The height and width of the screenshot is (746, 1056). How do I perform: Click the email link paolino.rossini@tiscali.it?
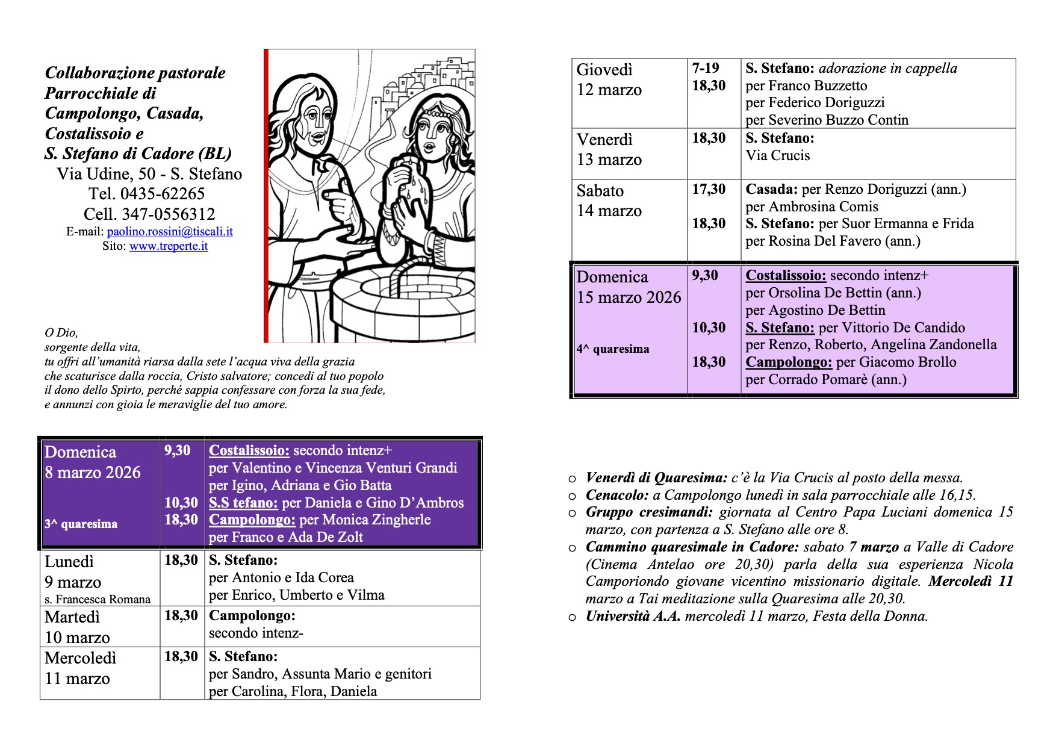[170, 232]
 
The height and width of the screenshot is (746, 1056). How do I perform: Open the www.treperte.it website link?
[169, 246]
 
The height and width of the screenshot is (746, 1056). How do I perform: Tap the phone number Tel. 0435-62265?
[146, 194]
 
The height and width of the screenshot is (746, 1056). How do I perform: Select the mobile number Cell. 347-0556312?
[149, 214]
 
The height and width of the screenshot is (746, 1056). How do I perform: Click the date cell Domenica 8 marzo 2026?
[93, 462]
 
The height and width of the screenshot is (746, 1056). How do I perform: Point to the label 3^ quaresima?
[81, 524]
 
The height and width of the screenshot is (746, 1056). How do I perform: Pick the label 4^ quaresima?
[613, 349]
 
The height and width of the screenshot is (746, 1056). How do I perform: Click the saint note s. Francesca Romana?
[98, 599]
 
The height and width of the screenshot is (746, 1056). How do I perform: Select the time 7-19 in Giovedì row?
[706, 68]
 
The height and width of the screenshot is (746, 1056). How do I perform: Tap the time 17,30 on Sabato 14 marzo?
[709, 189]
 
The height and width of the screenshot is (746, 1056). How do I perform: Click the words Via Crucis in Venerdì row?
[778, 155]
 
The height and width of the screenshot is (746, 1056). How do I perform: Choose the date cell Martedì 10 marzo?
[78, 627]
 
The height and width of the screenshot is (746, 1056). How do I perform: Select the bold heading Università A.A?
[633, 616]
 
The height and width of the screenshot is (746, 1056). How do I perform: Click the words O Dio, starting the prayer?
[61, 332]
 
